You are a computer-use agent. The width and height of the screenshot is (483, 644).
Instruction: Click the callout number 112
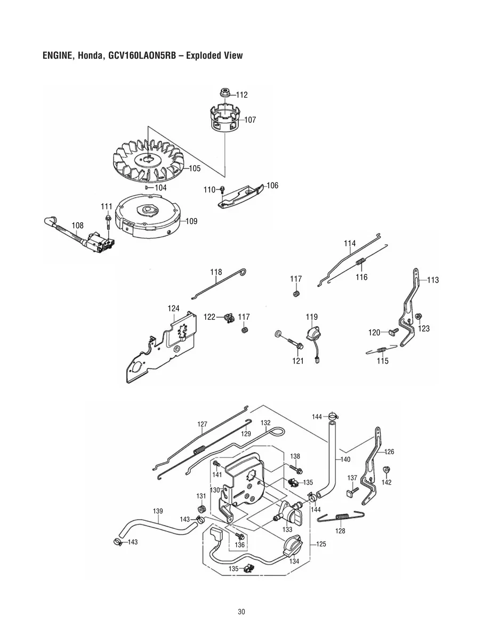(x=241, y=95)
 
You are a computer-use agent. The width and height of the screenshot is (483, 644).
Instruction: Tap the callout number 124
(x=173, y=309)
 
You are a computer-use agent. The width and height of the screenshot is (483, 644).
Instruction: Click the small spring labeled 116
(x=361, y=263)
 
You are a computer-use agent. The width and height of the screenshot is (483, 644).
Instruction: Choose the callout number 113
(x=433, y=280)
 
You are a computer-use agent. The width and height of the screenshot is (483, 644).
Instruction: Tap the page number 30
(x=241, y=612)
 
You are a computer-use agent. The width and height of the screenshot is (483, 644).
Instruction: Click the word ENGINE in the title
(x=58, y=55)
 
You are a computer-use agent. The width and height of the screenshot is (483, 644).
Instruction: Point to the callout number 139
(x=158, y=511)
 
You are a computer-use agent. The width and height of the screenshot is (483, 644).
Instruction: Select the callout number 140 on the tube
(x=345, y=459)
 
